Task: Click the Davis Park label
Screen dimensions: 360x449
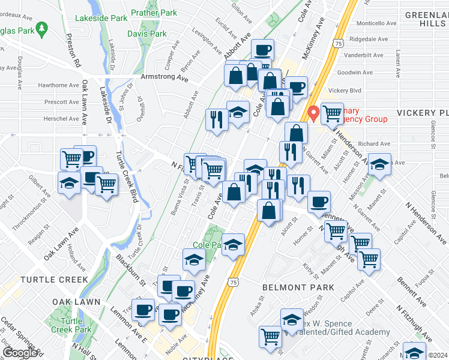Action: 147,34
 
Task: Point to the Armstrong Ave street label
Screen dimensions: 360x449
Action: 164,77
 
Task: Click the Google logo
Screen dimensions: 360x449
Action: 20,352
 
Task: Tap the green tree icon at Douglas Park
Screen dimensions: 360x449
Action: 41,28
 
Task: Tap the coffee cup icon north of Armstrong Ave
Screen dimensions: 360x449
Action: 262,50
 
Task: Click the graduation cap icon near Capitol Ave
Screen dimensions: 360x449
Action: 379,164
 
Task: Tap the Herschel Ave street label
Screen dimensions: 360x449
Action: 61,119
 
